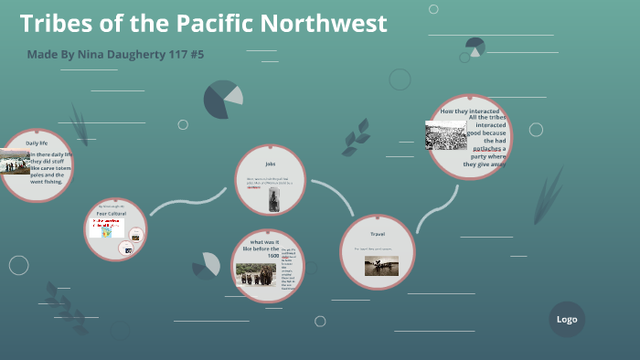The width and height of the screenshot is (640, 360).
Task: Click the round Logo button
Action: click(x=567, y=320)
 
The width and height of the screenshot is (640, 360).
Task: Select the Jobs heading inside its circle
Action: click(x=271, y=164)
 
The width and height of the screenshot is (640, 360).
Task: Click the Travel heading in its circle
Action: click(x=378, y=234)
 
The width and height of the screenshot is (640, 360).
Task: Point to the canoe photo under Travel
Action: click(x=381, y=266)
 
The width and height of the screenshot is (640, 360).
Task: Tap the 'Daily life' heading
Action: click(x=37, y=143)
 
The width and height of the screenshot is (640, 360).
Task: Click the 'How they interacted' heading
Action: click(x=468, y=111)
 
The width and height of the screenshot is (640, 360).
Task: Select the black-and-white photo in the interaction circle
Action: click(x=445, y=135)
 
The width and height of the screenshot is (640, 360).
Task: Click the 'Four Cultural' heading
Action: click(x=111, y=214)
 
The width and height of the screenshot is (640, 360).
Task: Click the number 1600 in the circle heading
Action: click(x=273, y=257)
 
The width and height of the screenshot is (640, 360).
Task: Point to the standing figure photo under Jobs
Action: click(x=273, y=199)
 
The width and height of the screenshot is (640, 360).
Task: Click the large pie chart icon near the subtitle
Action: click(x=222, y=100)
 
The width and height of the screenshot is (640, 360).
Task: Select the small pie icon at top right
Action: click(x=475, y=47)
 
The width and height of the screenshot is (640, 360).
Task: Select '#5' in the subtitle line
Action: click(x=195, y=55)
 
